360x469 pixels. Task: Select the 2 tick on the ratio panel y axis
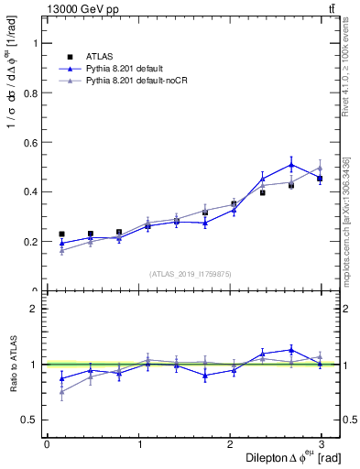37,309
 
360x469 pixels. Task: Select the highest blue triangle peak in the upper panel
291,165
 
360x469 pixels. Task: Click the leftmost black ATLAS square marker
61,234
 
